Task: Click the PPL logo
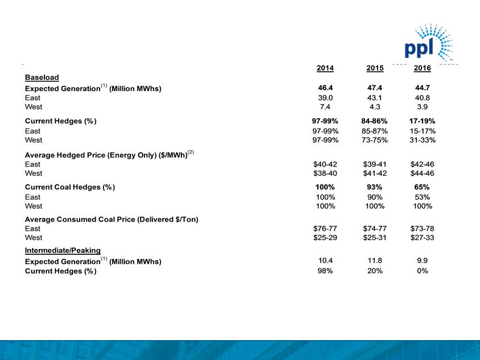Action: [x=427, y=45]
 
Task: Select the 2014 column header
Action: [x=325, y=68]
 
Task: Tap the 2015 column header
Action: [x=375, y=68]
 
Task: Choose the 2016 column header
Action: [x=422, y=68]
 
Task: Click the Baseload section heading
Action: [x=42, y=77]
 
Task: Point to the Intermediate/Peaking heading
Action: [x=63, y=250]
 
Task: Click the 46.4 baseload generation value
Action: [x=325, y=89]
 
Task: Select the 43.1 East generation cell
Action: [x=375, y=98]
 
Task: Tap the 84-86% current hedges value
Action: [x=375, y=121]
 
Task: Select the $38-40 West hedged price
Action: [x=325, y=173]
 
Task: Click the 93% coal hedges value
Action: [x=375, y=187]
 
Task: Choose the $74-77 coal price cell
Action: [x=375, y=229]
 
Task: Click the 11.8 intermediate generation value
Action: [x=375, y=261]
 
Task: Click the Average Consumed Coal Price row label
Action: [x=111, y=219]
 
